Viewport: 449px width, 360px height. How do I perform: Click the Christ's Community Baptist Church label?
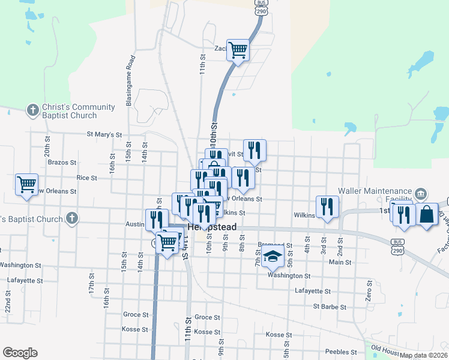click(x=71, y=112)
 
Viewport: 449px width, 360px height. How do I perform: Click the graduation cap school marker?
click(x=273, y=257)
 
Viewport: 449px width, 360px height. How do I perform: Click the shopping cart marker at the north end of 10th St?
click(x=238, y=50)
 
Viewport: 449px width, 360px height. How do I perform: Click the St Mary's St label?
click(x=104, y=134)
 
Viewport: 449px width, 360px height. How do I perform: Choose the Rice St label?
click(x=86, y=178)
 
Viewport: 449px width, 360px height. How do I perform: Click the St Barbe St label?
click(x=330, y=307)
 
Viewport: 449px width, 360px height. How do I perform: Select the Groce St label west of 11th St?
click(x=136, y=314)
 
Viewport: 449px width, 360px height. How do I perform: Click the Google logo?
click(x=20, y=353)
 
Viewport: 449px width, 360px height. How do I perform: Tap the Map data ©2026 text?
click(x=423, y=355)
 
